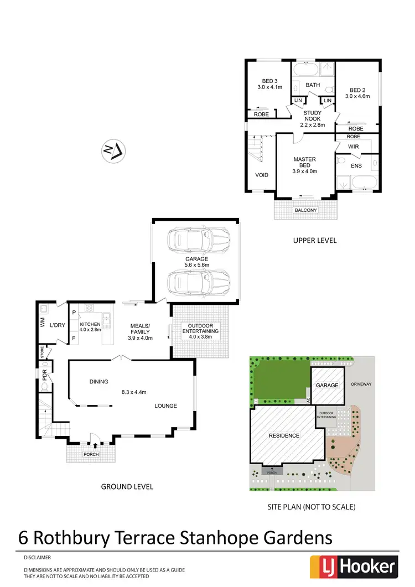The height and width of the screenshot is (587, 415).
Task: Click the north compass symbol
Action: (113, 150)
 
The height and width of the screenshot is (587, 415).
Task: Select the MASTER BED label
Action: (304, 160)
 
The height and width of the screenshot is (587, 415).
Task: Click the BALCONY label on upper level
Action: (305, 210)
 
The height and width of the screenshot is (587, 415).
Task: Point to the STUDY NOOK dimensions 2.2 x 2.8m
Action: (312, 125)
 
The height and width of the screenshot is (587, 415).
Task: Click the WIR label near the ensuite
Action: (354, 146)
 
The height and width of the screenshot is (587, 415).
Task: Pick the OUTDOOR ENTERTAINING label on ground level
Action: (200, 328)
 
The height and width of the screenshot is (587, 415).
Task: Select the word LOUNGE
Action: (165, 406)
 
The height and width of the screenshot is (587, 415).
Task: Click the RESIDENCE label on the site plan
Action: (284, 435)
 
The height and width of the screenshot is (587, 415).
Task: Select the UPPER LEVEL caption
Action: (315, 241)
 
